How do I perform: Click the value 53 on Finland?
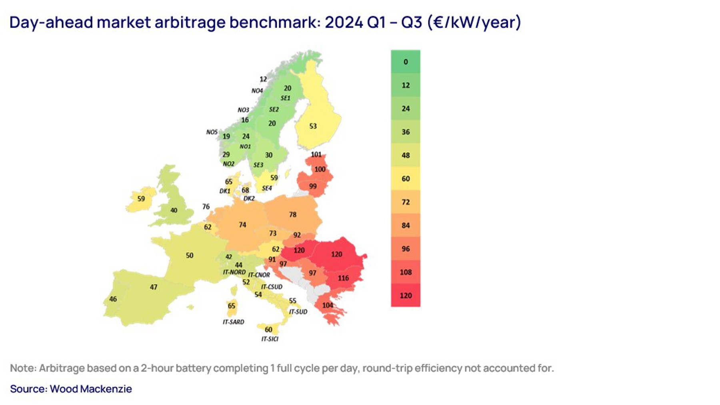point(313,126)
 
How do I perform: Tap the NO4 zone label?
point(257,91)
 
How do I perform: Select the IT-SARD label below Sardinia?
point(233,322)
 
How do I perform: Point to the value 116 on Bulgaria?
point(343,278)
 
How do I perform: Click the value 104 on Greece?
point(328,305)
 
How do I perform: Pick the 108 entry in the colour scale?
point(406,272)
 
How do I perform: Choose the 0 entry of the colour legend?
point(406,62)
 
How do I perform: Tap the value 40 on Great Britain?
point(174,210)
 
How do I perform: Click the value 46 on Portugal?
point(113,299)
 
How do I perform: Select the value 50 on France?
point(190,256)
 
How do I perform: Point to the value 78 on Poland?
point(293,215)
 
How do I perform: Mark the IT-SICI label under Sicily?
point(270,339)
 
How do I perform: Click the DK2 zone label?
point(249,199)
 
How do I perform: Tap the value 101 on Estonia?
point(316,155)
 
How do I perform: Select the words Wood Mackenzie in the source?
point(91,389)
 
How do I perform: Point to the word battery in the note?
point(193,368)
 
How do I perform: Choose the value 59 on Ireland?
point(141,199)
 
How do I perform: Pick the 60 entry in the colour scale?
point(406,179)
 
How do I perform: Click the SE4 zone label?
point(267,188)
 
